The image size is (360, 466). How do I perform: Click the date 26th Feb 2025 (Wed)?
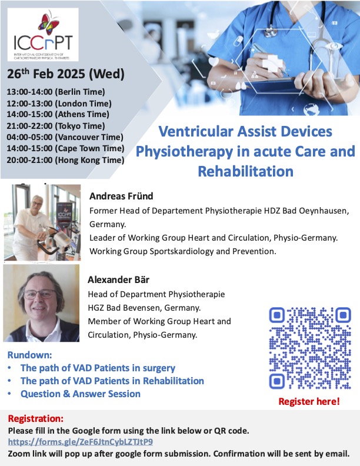click(66, 75)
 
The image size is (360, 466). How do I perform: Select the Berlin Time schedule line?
click(55, 92)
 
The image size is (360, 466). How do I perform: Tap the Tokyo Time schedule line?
click(55, 126)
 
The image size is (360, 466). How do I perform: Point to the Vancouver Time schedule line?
click(64, 137)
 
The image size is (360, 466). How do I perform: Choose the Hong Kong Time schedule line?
click(65, 159)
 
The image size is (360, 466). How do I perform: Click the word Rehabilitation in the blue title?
click(245, 172)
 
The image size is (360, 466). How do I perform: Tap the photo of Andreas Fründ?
click(42, 223)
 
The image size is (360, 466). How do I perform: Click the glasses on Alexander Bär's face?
click(39, 295)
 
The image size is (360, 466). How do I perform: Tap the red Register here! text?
click(308, 402)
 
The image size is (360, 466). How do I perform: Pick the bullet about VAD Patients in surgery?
click(98, 368)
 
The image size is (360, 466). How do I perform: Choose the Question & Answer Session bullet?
click(81, 394)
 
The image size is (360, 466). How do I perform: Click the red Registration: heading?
click(35, 419)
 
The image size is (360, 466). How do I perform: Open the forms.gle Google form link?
click(81, 441)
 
